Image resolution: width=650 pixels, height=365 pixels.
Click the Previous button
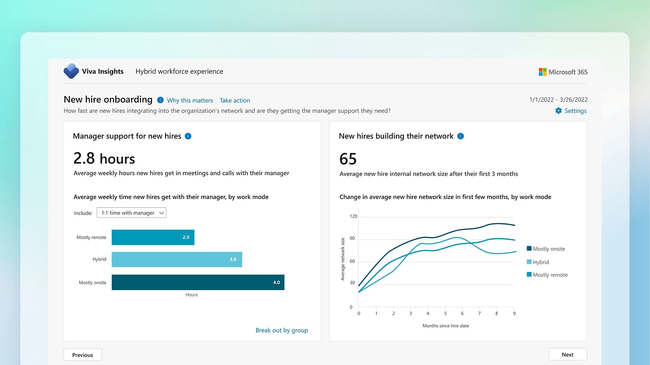coord(83,355)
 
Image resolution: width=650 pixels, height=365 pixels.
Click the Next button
coord(567,354)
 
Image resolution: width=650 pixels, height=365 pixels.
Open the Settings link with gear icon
coord(571,111)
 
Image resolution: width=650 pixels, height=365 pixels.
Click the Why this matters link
coord(190,100)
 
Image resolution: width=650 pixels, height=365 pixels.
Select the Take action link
coord(235,100)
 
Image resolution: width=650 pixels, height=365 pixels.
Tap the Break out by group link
coord(281,330)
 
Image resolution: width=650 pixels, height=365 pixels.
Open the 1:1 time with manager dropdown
coord(131,213)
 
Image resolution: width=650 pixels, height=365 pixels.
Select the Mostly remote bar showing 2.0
coord(153,237)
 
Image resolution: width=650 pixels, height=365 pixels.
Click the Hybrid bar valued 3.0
coord(177,259)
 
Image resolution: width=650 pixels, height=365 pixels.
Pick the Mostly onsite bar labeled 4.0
coord(198,282)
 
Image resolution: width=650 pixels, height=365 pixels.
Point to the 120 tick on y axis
coord(353,216)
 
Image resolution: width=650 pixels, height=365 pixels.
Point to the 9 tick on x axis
coord(514,313)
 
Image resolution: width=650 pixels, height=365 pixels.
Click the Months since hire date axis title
coord(446,326)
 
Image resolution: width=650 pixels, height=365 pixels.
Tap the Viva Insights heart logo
coord(71,71)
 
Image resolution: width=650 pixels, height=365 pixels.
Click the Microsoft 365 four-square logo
coord(542,72)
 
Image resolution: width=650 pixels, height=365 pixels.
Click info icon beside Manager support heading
coord(188,136)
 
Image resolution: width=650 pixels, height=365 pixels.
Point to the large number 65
coord(348,159)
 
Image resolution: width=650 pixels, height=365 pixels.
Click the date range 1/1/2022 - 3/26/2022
coord(558,100)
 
